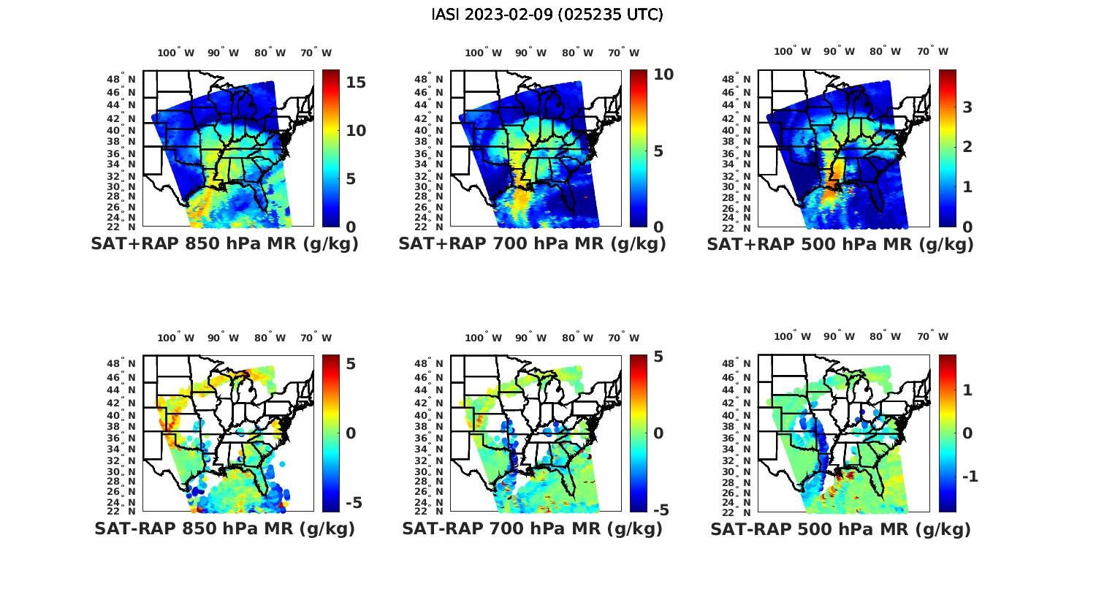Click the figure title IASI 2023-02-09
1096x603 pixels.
(x=547, y=15)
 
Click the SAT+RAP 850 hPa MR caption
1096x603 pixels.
(x=224, y=244)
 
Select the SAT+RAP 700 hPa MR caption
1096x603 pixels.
(x=532, y=244)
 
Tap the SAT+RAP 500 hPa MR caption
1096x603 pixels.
(x=840, y=244)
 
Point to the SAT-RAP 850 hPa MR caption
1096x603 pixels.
(x=224, y=528)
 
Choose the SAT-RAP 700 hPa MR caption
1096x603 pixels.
(x=532, y=528)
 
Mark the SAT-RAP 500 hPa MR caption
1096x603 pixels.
(x=840, y=529)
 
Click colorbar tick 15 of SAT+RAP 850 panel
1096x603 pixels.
(x=356, y=82)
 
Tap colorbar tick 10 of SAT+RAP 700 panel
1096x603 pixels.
(x=663, y=74)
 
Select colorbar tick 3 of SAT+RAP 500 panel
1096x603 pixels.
(x=967, y=107)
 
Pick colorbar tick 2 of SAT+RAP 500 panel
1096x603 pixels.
(x=967, y=147)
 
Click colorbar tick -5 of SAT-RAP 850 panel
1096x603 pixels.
(x=353, y=503)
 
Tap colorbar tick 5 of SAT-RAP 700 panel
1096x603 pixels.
(x=658, y=357)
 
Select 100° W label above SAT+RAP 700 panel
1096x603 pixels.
(x=483, y=53)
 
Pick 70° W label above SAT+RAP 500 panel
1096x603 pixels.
(x=932, y=51)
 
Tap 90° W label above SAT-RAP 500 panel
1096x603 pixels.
(x=840, y=336)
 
